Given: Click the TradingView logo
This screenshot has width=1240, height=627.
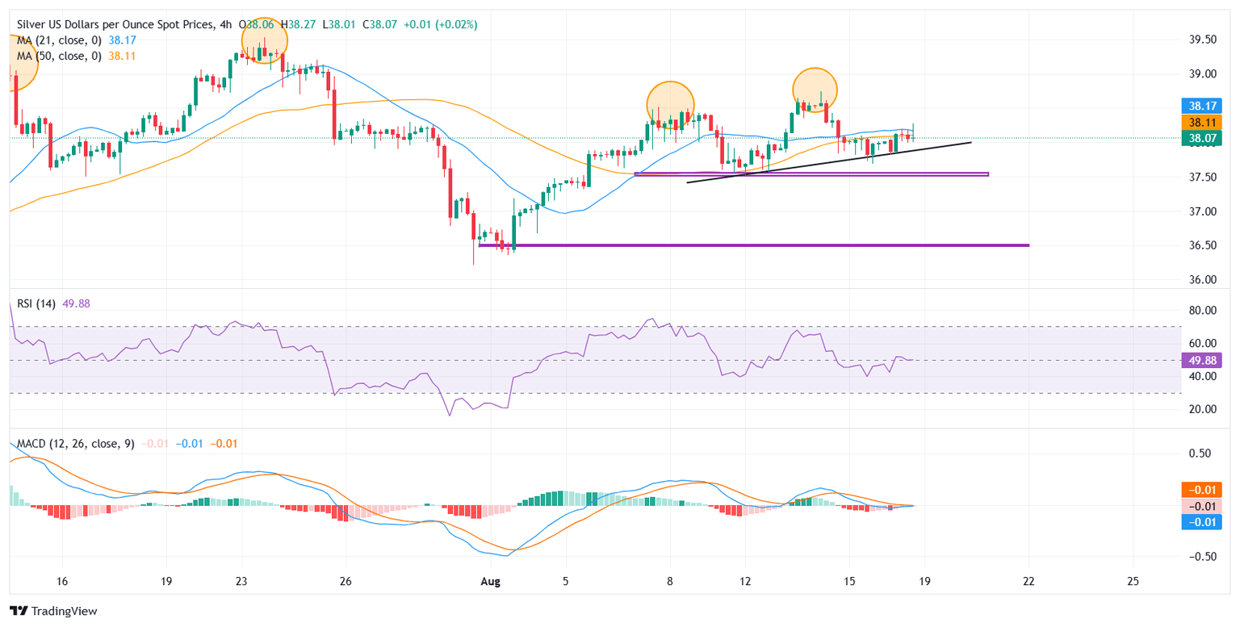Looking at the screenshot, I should click(x=54, y=611).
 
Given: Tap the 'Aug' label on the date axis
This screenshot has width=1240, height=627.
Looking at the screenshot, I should click(x=491, y=581).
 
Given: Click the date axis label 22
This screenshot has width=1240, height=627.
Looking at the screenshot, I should click(x=1029, y=581).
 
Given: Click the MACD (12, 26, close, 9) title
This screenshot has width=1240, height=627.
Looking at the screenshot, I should click(x=73, y=443).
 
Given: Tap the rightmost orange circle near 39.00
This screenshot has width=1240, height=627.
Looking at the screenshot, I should click(x=815, y=89).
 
